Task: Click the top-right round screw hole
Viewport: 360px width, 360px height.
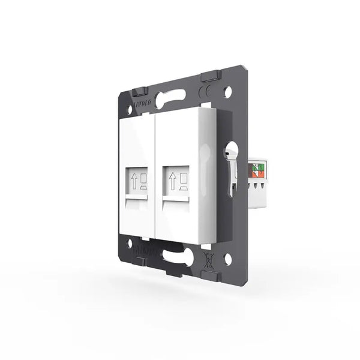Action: coord(228,93)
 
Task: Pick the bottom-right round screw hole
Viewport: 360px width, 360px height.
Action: coord(228,259)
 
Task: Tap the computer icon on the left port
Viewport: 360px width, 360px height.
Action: coord(144,182)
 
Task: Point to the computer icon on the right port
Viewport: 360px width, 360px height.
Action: coord(183,182)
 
